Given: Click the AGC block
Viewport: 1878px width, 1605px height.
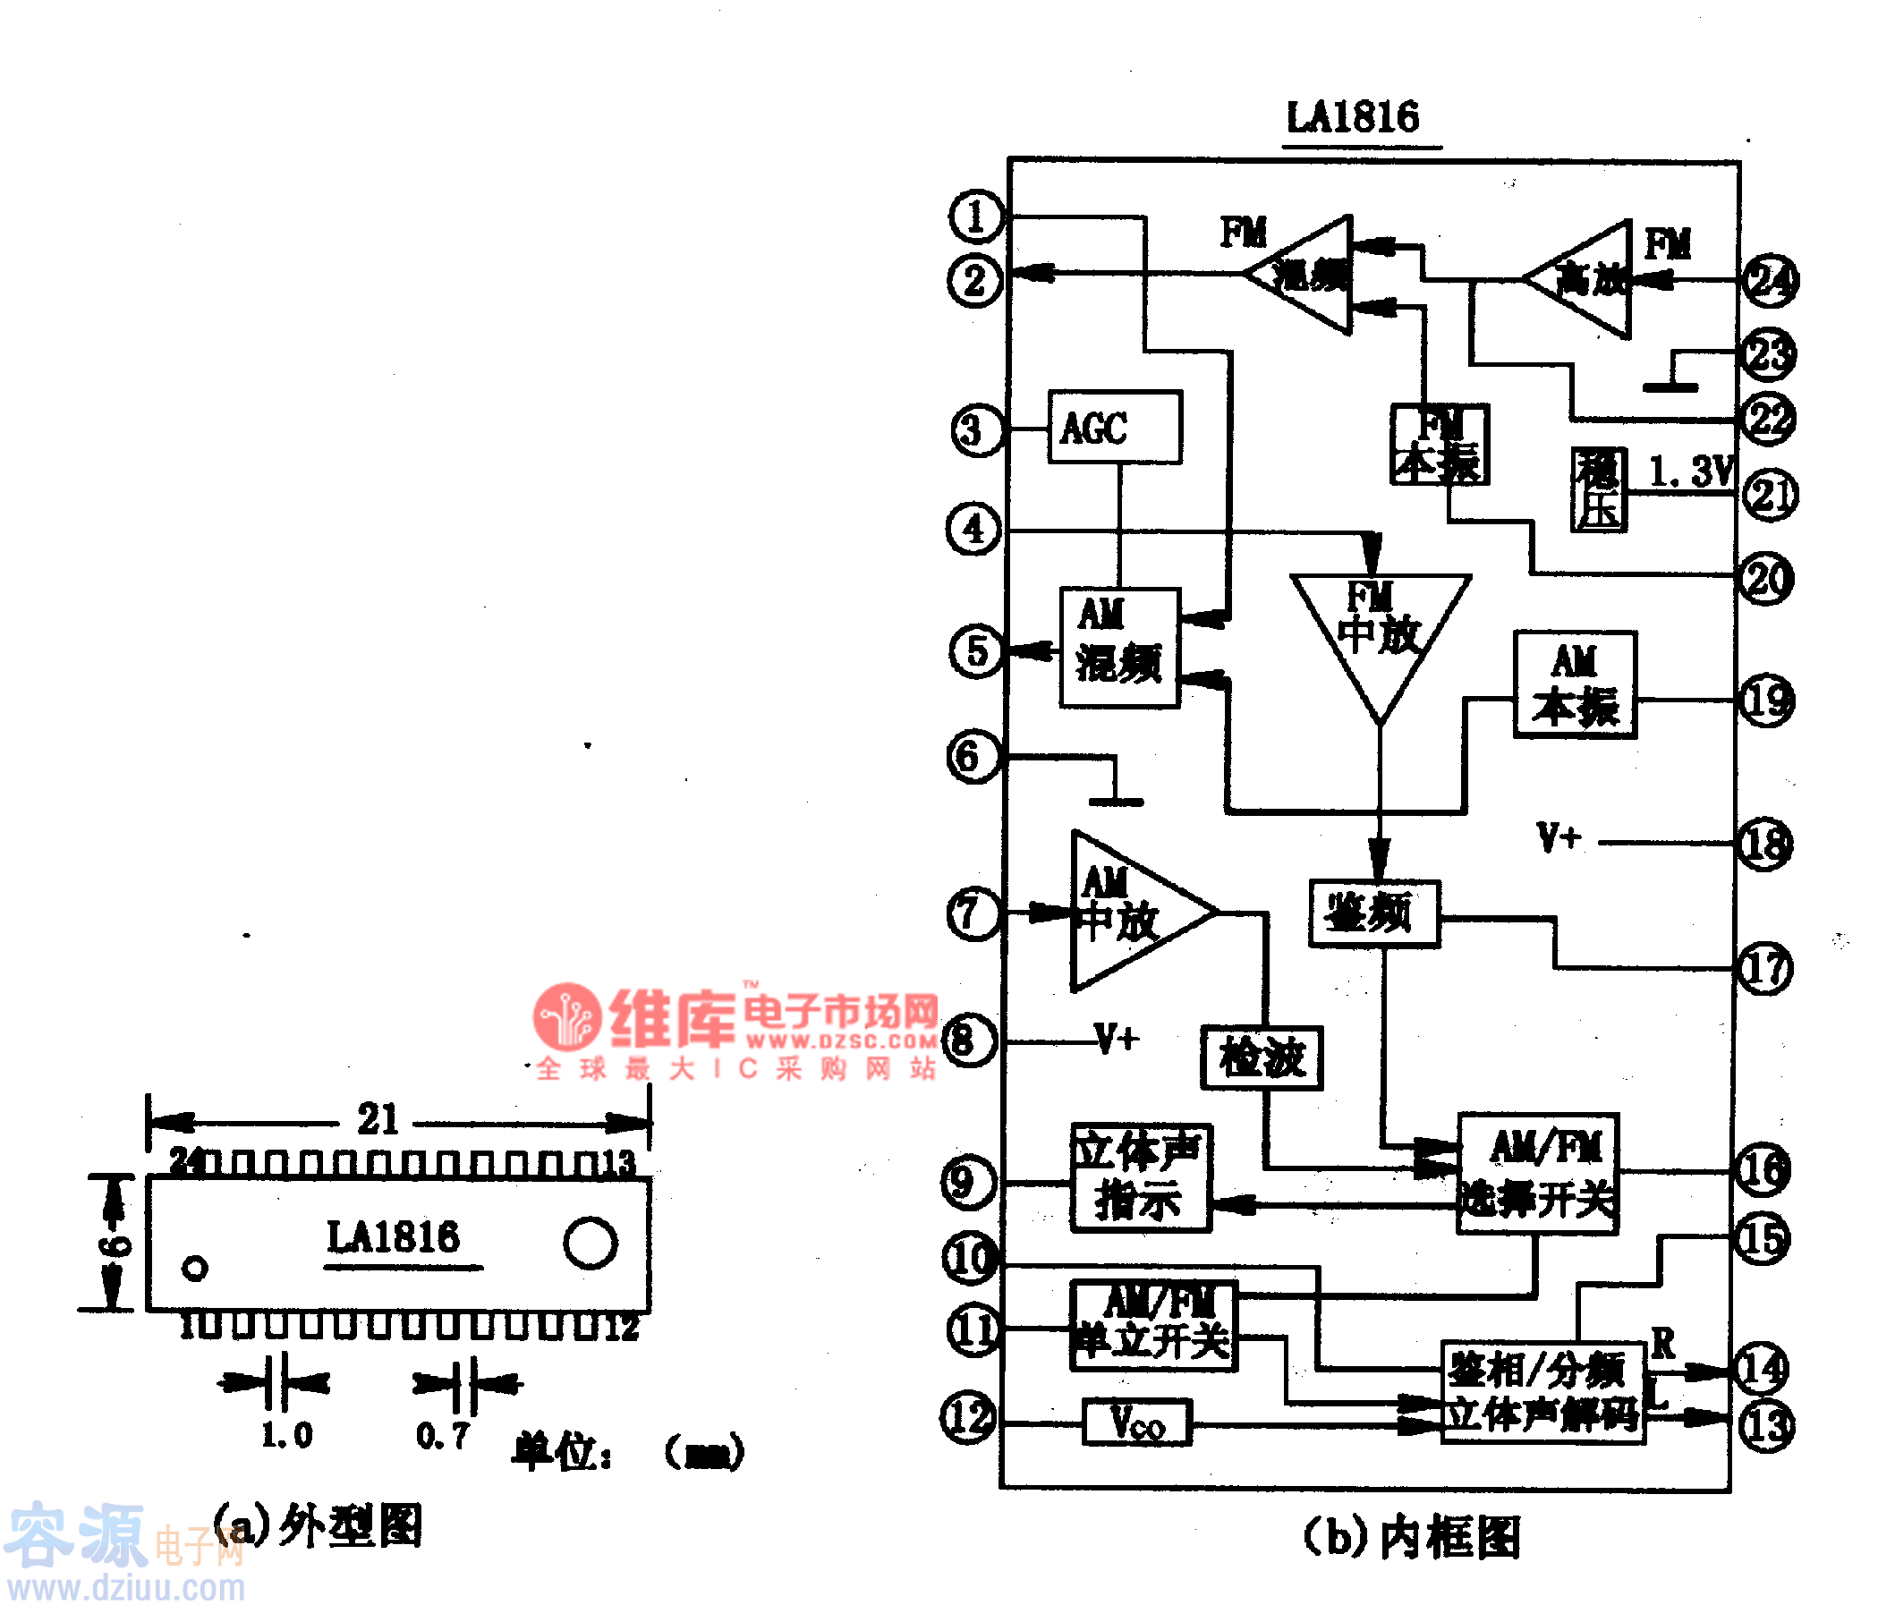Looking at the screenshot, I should (x=1114, y=427).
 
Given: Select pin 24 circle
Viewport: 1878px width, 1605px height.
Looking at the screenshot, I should (x=1770, y=280).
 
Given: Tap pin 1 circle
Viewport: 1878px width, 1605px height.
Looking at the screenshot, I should (x=976, y=217).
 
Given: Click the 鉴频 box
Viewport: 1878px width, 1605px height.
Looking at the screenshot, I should (x=1374, y=913).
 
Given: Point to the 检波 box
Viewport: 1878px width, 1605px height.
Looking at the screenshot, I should (x=1262, y=1057).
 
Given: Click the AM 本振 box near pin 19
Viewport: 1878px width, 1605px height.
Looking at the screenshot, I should (x=1575, y=685).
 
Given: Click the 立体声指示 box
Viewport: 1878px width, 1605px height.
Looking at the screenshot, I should (x=1140, y=1177).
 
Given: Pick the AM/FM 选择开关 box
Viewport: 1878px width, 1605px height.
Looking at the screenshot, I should (x=1538, y=1174).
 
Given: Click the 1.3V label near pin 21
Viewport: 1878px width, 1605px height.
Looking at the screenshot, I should (x=1689, y=471).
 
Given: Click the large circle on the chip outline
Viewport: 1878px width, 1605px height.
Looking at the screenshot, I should (x=590, y=1243).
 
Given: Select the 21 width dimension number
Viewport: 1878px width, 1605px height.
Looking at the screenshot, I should (x=377, y=1118).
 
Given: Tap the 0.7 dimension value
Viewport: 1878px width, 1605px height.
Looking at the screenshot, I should (x=442, y=1436).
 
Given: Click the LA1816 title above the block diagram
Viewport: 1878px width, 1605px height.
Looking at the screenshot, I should (x=1352, y=118).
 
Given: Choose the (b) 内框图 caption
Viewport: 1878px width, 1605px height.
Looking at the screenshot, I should (x=1411, y=1538).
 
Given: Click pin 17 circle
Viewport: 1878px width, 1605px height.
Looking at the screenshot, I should (x=1763, y=970).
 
